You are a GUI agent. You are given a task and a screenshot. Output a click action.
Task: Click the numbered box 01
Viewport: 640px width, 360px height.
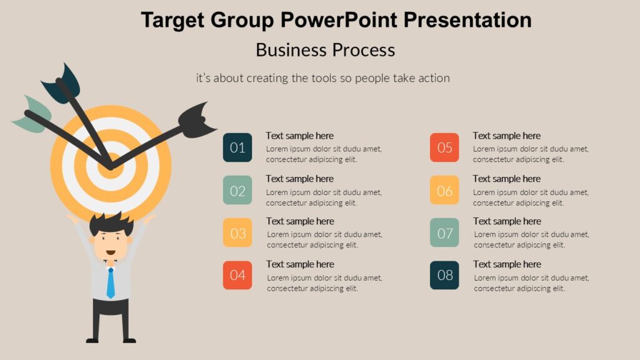237,147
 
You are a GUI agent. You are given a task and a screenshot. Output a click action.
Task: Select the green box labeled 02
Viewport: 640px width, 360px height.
237,190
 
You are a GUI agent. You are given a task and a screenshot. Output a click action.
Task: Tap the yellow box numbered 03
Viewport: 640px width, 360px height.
237,232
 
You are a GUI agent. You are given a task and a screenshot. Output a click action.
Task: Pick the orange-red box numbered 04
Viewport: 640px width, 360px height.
237,275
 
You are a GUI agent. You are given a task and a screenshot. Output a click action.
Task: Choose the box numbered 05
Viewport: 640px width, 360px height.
444,147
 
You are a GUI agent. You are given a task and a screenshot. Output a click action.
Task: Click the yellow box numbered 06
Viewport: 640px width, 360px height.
444,190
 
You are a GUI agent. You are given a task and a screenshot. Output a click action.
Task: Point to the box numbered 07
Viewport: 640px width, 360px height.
444,232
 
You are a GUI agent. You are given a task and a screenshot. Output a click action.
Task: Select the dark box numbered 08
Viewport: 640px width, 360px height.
444,275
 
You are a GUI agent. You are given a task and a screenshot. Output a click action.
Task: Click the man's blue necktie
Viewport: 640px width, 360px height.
111,282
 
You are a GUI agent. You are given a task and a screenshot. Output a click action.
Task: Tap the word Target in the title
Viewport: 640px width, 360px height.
172,20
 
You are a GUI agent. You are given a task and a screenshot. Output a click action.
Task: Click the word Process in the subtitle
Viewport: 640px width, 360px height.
363,50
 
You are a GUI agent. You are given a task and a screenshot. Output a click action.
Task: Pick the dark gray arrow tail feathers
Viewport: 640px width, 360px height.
196,120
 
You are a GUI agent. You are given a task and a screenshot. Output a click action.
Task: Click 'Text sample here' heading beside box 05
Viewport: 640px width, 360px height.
506,136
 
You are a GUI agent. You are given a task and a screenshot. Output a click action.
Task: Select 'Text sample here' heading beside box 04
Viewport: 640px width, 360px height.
300,264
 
